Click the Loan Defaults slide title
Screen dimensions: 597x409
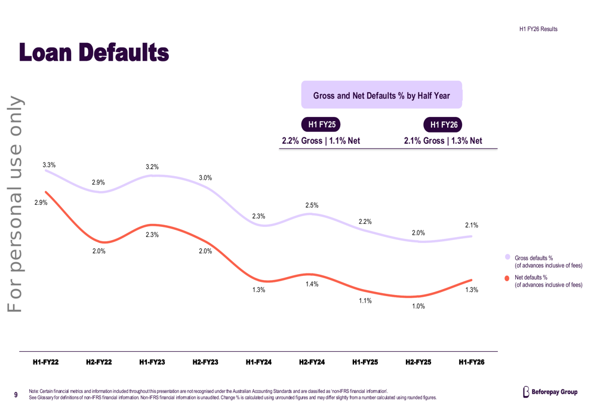coord(94,52)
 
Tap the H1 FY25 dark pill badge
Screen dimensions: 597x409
coord(321,125)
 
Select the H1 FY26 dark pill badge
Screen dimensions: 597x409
coord(443,125)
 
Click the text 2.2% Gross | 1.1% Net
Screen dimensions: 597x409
coord(321,141)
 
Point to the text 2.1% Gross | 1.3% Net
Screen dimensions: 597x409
coord(443,141)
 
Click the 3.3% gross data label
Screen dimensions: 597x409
coord(49,165)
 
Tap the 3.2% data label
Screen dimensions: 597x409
coord(152,167)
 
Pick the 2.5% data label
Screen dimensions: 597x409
coord(312,205)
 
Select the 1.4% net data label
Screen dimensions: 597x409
coord(312,284)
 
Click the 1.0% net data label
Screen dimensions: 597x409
coord(418,306)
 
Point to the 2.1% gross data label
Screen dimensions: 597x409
coord(472,225)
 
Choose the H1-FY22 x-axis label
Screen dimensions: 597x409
coord(46,362)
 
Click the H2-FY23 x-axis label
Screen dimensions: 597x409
coord(205,362)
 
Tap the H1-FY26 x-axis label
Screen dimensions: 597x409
coord(472,362)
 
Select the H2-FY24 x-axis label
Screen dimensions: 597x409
coord(312,362)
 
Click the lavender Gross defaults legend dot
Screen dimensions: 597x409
coord(507,257)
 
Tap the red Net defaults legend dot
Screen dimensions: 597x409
coord(507,278)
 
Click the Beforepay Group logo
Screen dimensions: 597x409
coord(550,392)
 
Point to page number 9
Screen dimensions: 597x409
coord(16,395)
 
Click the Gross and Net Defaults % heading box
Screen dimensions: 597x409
coord(381,95)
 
